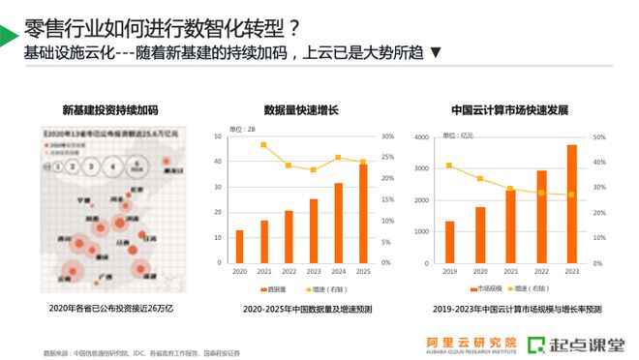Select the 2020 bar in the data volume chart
coord(239,247)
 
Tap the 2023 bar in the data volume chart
coord(314,231)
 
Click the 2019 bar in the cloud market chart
coord(448,242)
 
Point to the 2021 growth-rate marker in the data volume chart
coord(263,145)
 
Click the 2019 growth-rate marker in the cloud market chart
coord(448,165)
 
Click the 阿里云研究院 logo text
coord(472,341)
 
